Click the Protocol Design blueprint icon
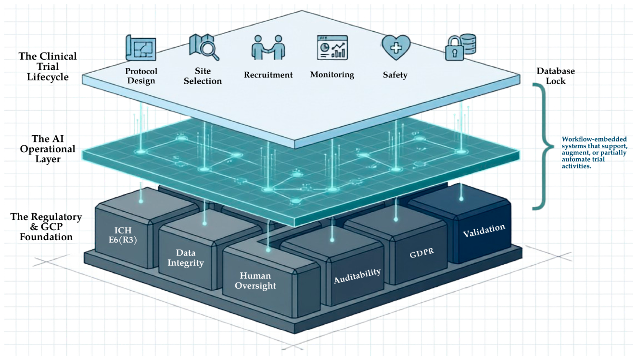[x=141, y=48]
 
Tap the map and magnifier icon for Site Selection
[x=204, y=47]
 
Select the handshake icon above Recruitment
[x=268, y=48]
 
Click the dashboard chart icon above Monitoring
[x=332, y=48]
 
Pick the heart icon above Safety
[x=396, y=47]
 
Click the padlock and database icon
[x=460, y=47]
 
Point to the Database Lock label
[x=555, y=76]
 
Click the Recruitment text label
[x=268, y=75]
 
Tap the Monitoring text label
[x=332, y=75]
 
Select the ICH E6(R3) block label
[x=123, y=235]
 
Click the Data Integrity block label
[x=185, y=258]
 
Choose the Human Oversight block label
[x=255, y=281]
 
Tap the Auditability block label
[x=357, y=276]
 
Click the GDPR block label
[x=422, y=252]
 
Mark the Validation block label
[x=484, y=230]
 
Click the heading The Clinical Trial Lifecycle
[x=48, y=66]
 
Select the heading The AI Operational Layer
[x=48, y=149]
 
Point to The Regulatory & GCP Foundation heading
[x=46, y=227]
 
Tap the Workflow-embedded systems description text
[x=594, y=153]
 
